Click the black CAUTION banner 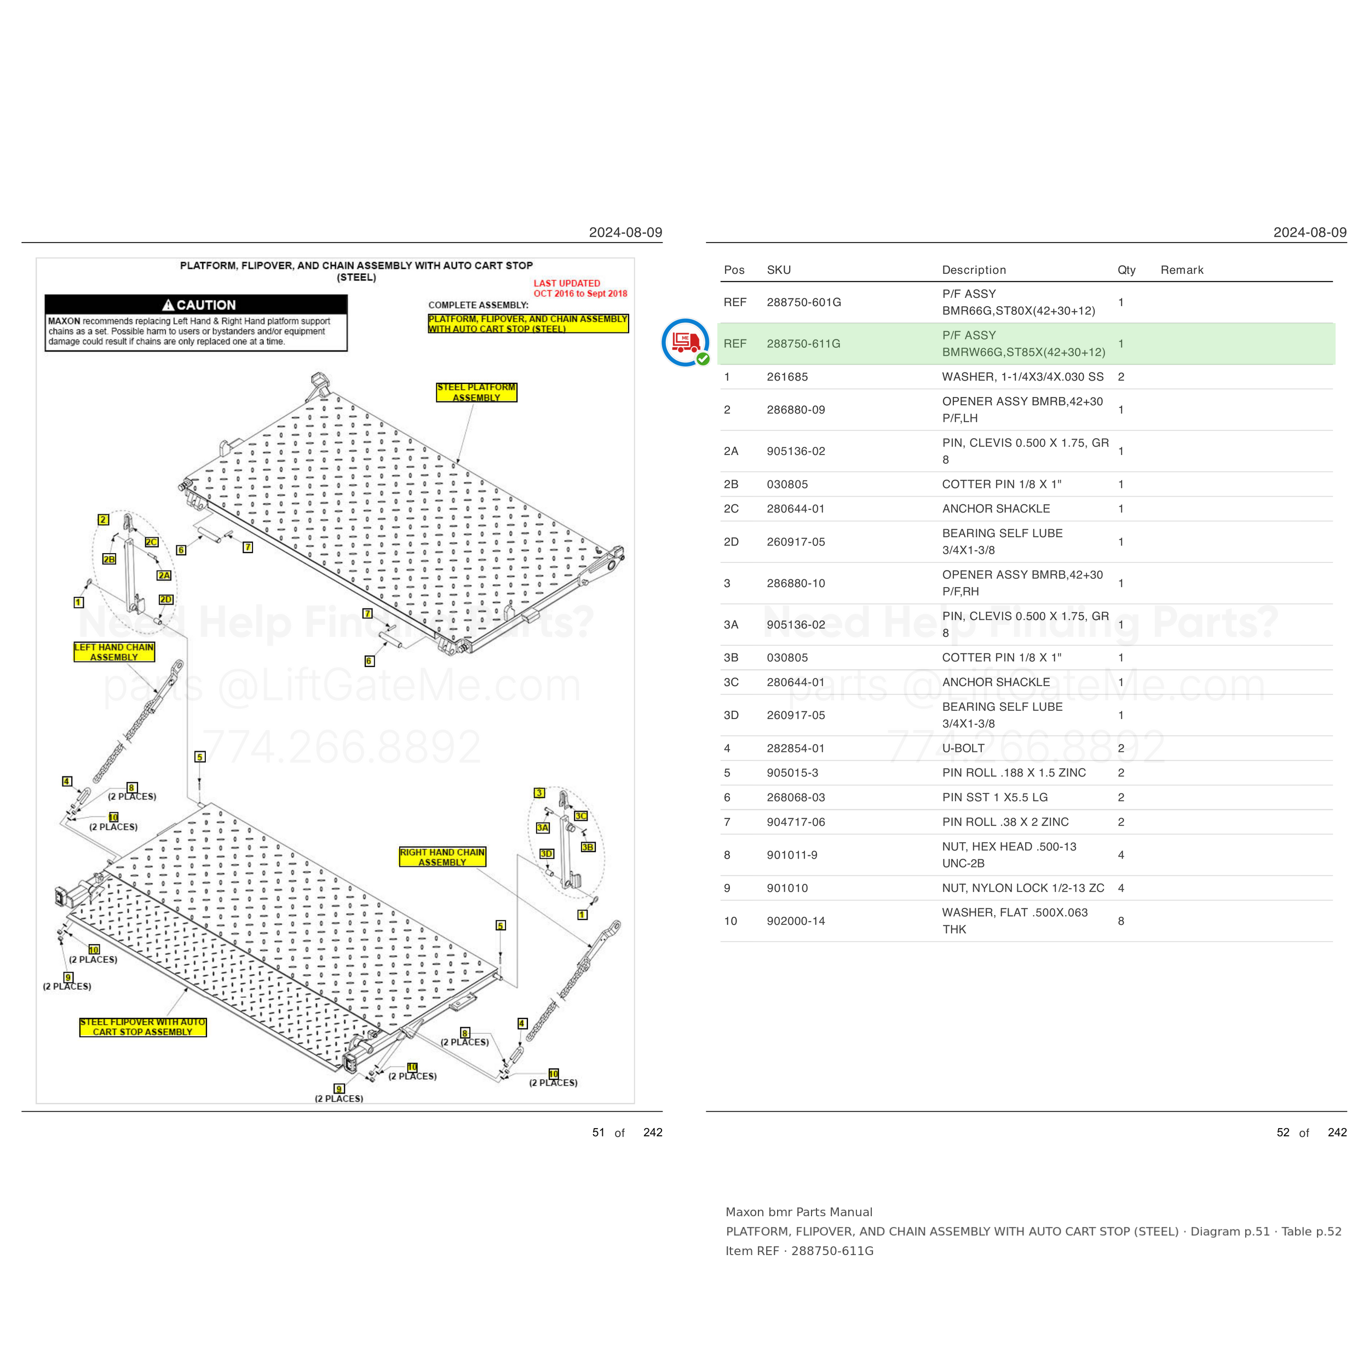pyautogui.click(x=195, y=304)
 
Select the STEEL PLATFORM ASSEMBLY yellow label pyautogui.click(x=476, y=393)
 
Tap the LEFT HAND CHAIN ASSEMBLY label pyautogui.click(x=114, y=652)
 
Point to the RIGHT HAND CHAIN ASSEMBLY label pyautogui.click(x=442, y=856)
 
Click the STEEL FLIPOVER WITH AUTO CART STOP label pyautogui.click(x=142, y=1027)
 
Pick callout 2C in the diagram pyautogui.click(x=152, y=542)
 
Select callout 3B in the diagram pyautogui.click(x=588, y=847)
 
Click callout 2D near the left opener pyautogui.click(x=166, y=600)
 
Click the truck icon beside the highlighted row pyautogui.click(x=685, y=342)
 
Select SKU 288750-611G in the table pyautogui.click(x=803, y=344)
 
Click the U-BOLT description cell pyautogui.click(x=963, y=748)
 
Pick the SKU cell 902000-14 pyautogui.click(x=796, y=921)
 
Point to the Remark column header pyautogui.click(x=1182, y=270)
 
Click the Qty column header pyautogui.click(x=1126, y=270)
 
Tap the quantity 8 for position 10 pyautogui.click(x=1121, y=921)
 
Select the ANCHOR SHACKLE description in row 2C pyautogui.click(x=996, y=509)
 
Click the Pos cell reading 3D pyautogui.click(x=731, y=715)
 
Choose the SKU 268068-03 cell pyautogui.click(x=796, y=797)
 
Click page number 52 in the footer pyautogui.click(x=1283, y=1132)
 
